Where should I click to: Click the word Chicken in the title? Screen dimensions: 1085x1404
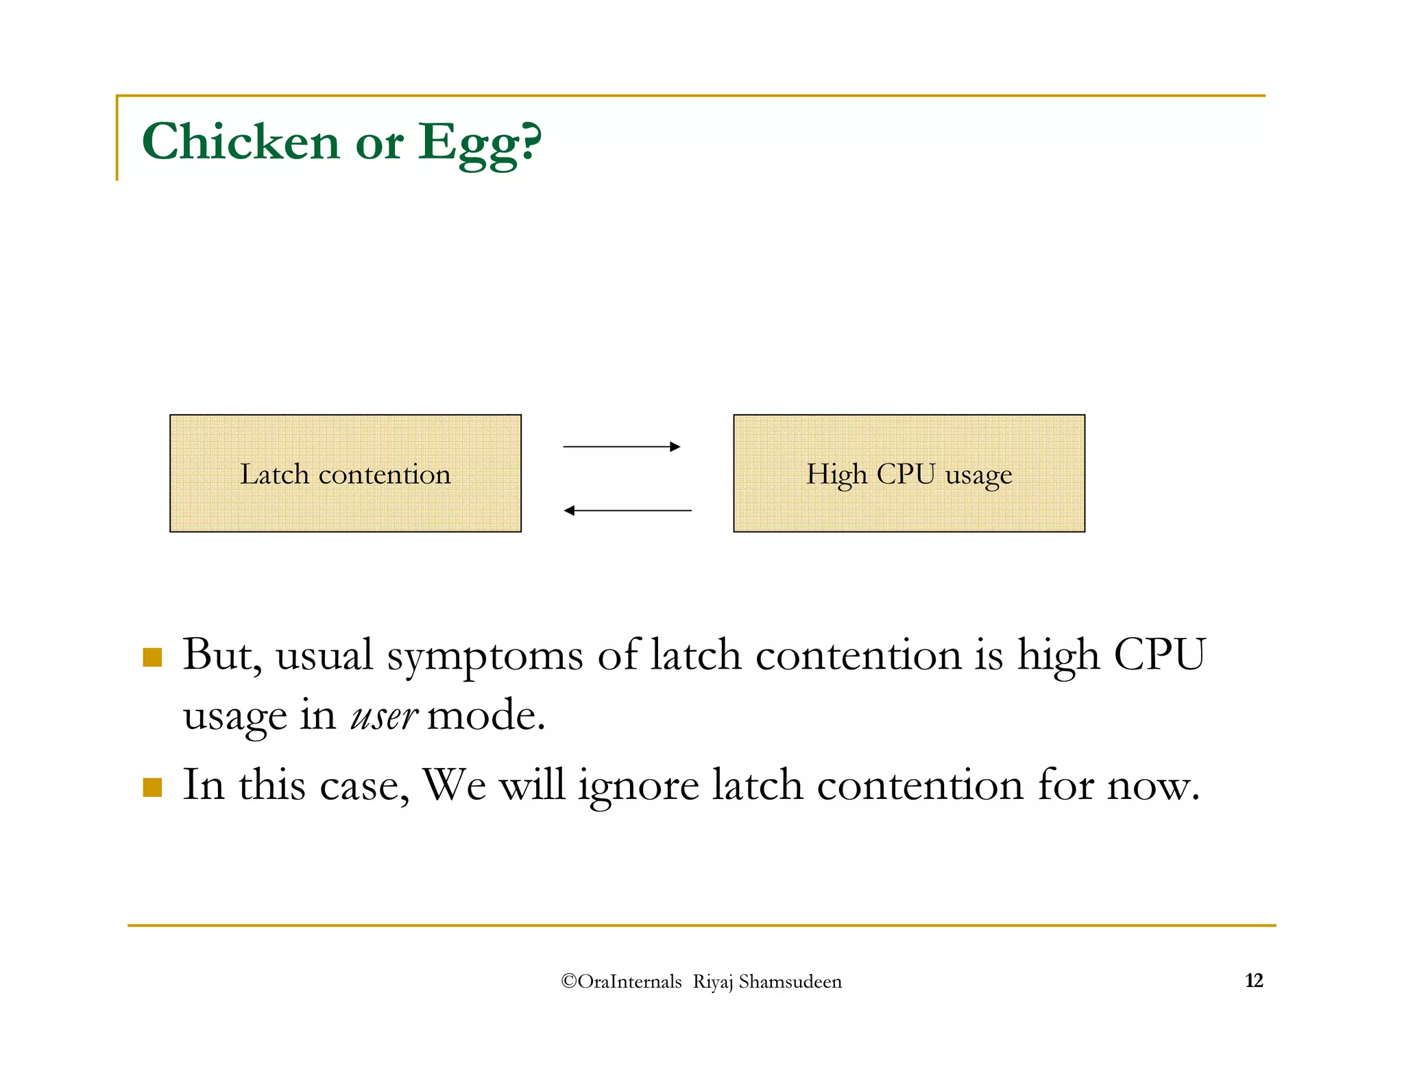click(240, 142)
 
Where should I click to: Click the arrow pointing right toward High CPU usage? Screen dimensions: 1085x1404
click(621, 446)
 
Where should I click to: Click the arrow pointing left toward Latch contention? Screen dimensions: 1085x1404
click(627, 510)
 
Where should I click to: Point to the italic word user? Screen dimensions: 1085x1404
click(383, 716)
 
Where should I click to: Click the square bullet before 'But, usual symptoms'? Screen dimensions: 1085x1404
click(152, 657)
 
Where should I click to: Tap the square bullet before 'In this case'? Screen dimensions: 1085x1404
click(152, 787)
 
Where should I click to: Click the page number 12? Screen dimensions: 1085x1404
click(1253, 981)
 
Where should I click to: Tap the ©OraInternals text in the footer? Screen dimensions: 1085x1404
click(621, 981)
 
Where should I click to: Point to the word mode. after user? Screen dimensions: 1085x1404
click(485, 716)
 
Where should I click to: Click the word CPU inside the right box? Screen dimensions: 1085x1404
click(906, 474)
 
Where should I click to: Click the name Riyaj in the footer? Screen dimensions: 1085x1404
click(713, 982)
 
